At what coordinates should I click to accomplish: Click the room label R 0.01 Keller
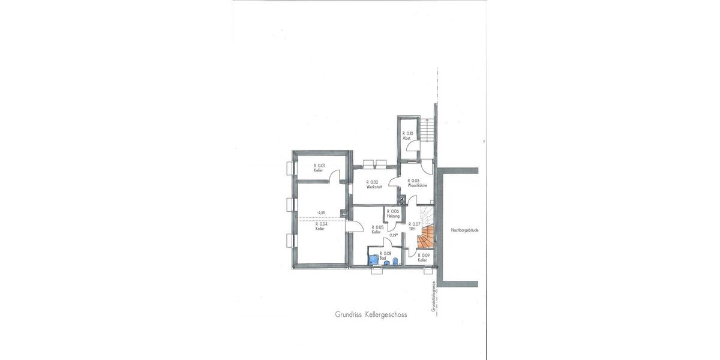319,168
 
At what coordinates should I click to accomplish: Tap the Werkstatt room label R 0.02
374,184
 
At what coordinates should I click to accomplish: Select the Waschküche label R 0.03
416,183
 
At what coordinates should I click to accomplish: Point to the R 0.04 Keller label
320,226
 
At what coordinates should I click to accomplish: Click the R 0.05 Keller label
377,229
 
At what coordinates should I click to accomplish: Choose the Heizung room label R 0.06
393,214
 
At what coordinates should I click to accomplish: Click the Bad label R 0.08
387,256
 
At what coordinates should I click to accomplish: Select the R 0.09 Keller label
423,257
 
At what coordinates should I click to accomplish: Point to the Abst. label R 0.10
407,136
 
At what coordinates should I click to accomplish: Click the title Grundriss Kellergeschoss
371,314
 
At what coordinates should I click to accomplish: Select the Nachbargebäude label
464,230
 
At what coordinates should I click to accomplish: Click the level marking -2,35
321,213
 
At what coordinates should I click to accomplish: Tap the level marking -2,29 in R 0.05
394,235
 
